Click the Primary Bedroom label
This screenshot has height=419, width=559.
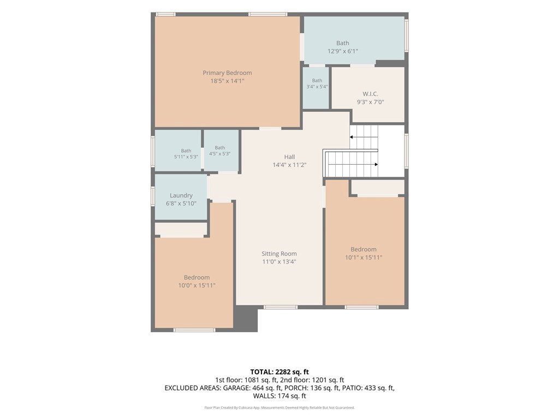[227, 73]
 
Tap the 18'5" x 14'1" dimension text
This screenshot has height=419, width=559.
[227, 81]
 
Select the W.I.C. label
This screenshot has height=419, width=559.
[371, 94]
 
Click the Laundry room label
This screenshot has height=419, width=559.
[181, 196]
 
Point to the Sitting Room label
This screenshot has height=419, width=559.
[279, 254]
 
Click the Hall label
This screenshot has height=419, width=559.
[289, 157]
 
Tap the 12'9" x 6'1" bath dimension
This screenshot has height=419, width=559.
[343, 51]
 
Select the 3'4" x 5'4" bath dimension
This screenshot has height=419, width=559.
[317, 87]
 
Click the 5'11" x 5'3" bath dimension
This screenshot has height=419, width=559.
[186, 157]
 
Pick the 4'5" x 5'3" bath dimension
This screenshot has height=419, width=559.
[219, 154]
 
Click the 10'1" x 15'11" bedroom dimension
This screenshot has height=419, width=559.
[364, 258]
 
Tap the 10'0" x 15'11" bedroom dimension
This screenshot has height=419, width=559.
[197, 285]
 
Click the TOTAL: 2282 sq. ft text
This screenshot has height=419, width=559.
[279, 372]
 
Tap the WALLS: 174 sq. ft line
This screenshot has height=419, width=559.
[279, 396]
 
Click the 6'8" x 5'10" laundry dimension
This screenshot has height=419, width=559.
[181, 203]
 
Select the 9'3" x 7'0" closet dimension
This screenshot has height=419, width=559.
[371, 102]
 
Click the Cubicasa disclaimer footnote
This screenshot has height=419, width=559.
[279, 408]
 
